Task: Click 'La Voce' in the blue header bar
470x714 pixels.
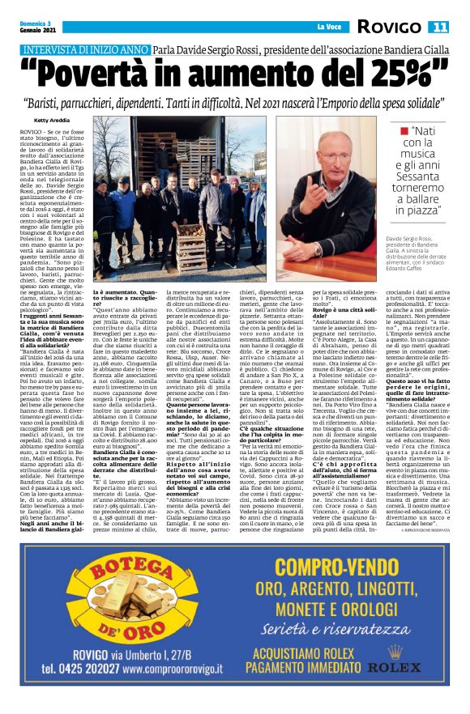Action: click(x=316, y=28)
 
